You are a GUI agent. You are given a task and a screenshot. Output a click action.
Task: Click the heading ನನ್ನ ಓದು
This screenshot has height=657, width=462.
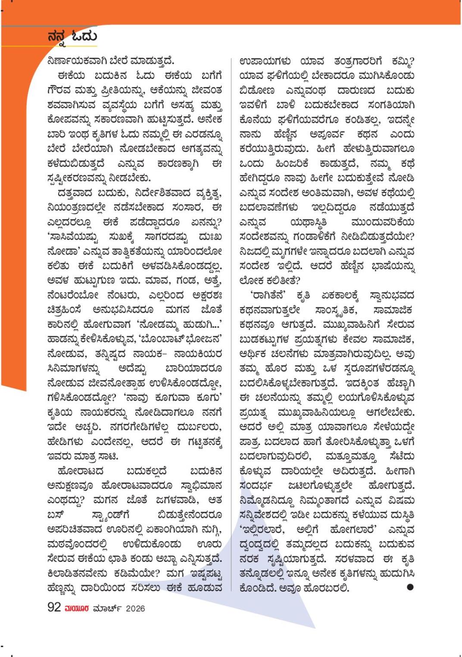72,36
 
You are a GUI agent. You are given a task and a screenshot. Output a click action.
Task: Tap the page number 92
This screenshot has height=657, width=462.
54,607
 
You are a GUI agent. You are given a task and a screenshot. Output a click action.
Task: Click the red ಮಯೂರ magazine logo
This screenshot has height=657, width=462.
77,608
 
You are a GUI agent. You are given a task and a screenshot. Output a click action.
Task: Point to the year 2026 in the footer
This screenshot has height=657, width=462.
135,608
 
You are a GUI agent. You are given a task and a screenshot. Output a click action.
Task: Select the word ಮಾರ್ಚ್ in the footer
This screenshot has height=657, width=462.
107,608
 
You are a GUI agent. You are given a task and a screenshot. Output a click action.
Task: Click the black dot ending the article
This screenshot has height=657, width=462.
410,587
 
